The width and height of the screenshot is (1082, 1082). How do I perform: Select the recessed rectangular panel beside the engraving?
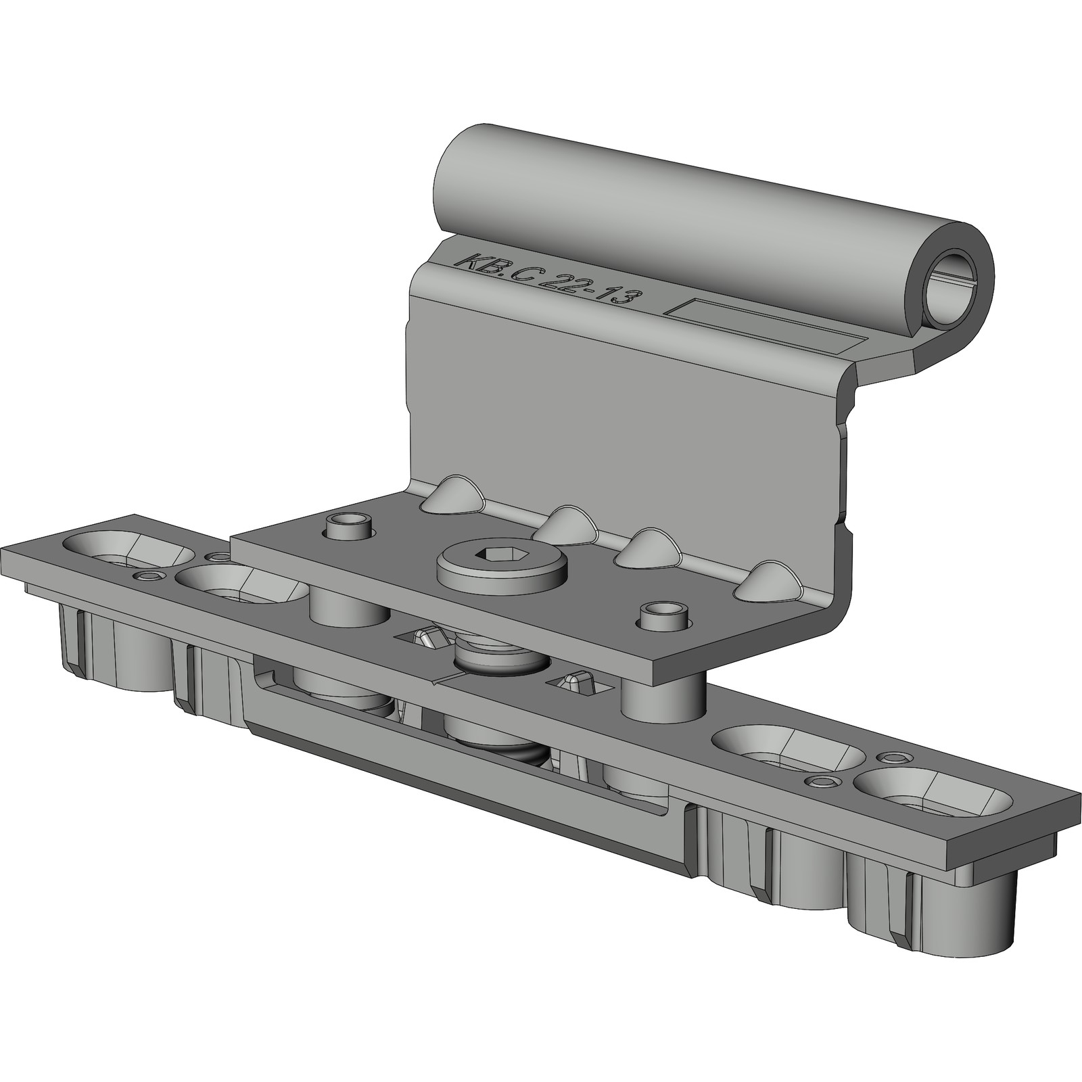766,328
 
